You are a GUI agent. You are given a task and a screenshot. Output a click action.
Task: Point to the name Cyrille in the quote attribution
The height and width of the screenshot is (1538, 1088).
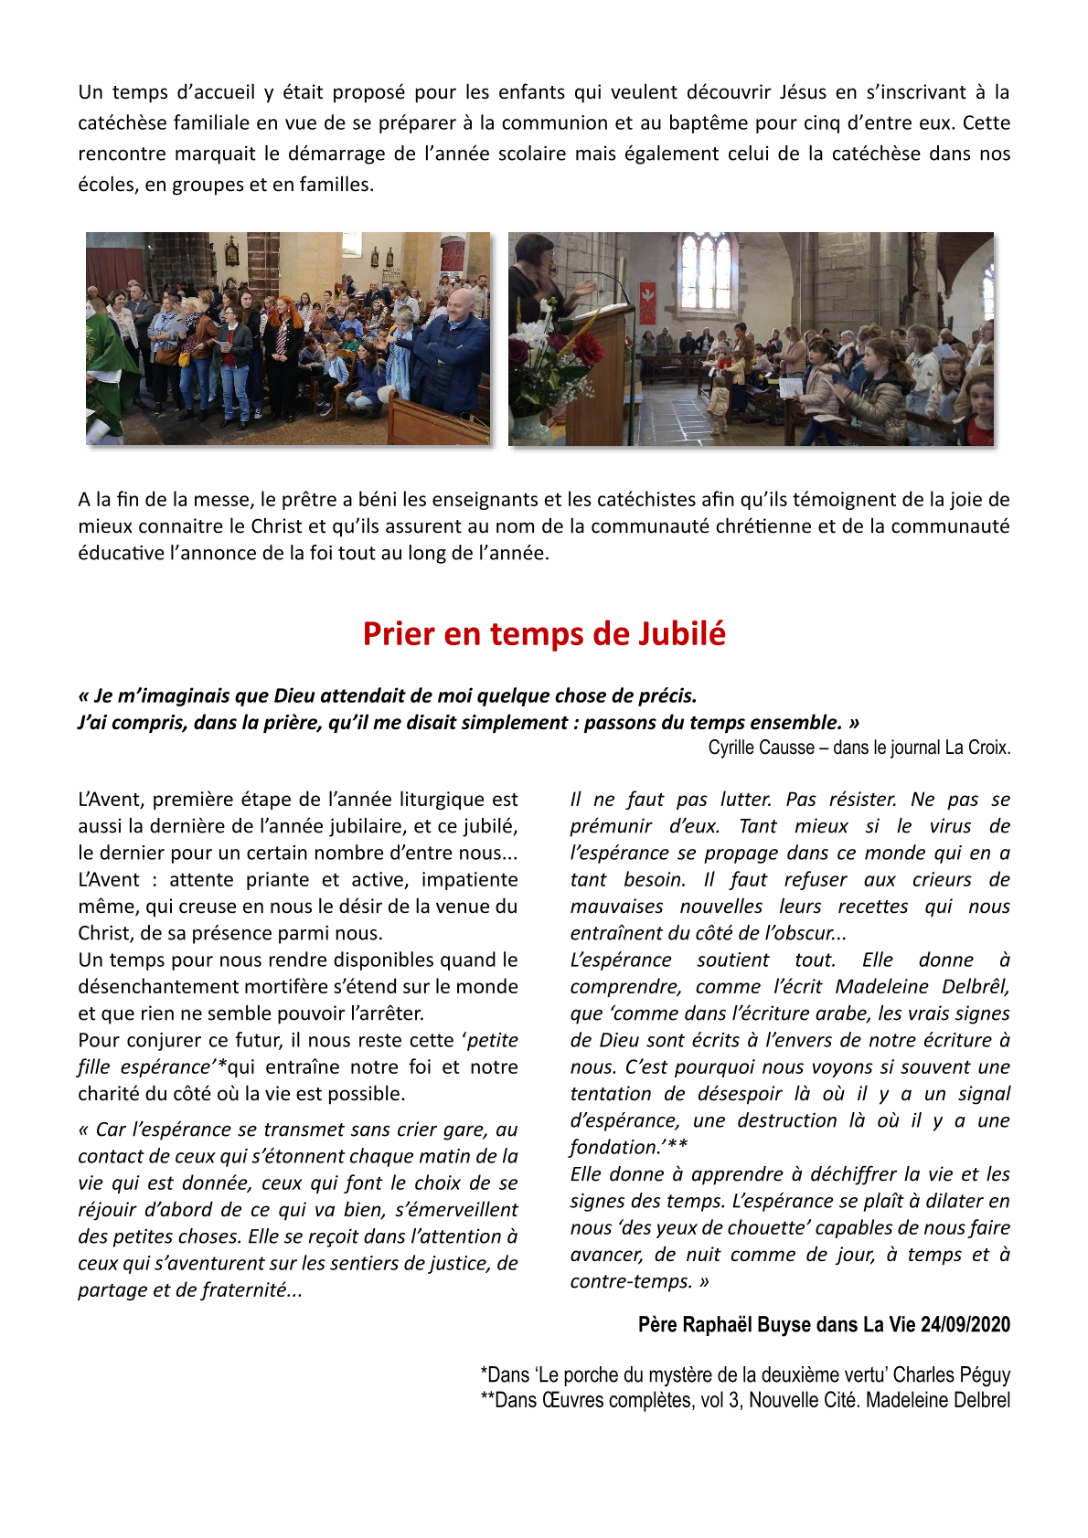[x=733, y=748]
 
